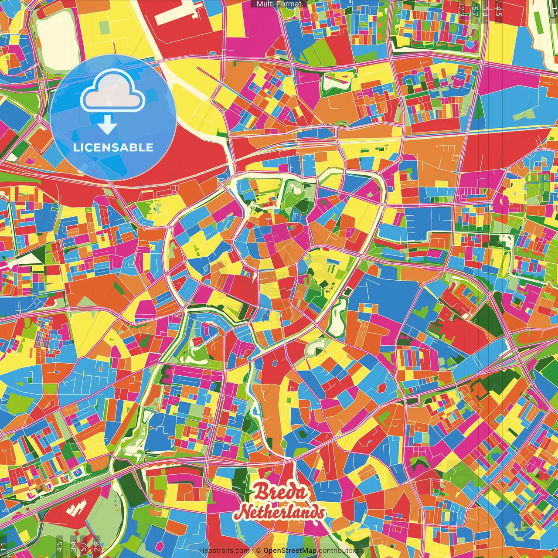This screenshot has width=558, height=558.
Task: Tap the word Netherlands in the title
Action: (279, 513)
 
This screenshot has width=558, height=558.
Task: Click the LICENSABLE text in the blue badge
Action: (113, 147)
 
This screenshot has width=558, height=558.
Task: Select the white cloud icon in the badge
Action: (113, 92)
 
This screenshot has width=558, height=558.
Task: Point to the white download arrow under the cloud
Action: (107, 125)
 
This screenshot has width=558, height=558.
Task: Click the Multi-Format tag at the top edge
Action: (279, 4)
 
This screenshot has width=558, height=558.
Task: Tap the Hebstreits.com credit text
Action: (224, 551)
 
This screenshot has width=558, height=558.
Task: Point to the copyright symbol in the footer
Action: (259, 551)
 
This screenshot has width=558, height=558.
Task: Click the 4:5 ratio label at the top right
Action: (499, 11)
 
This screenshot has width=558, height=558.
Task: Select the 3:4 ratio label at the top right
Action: (485, 11)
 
